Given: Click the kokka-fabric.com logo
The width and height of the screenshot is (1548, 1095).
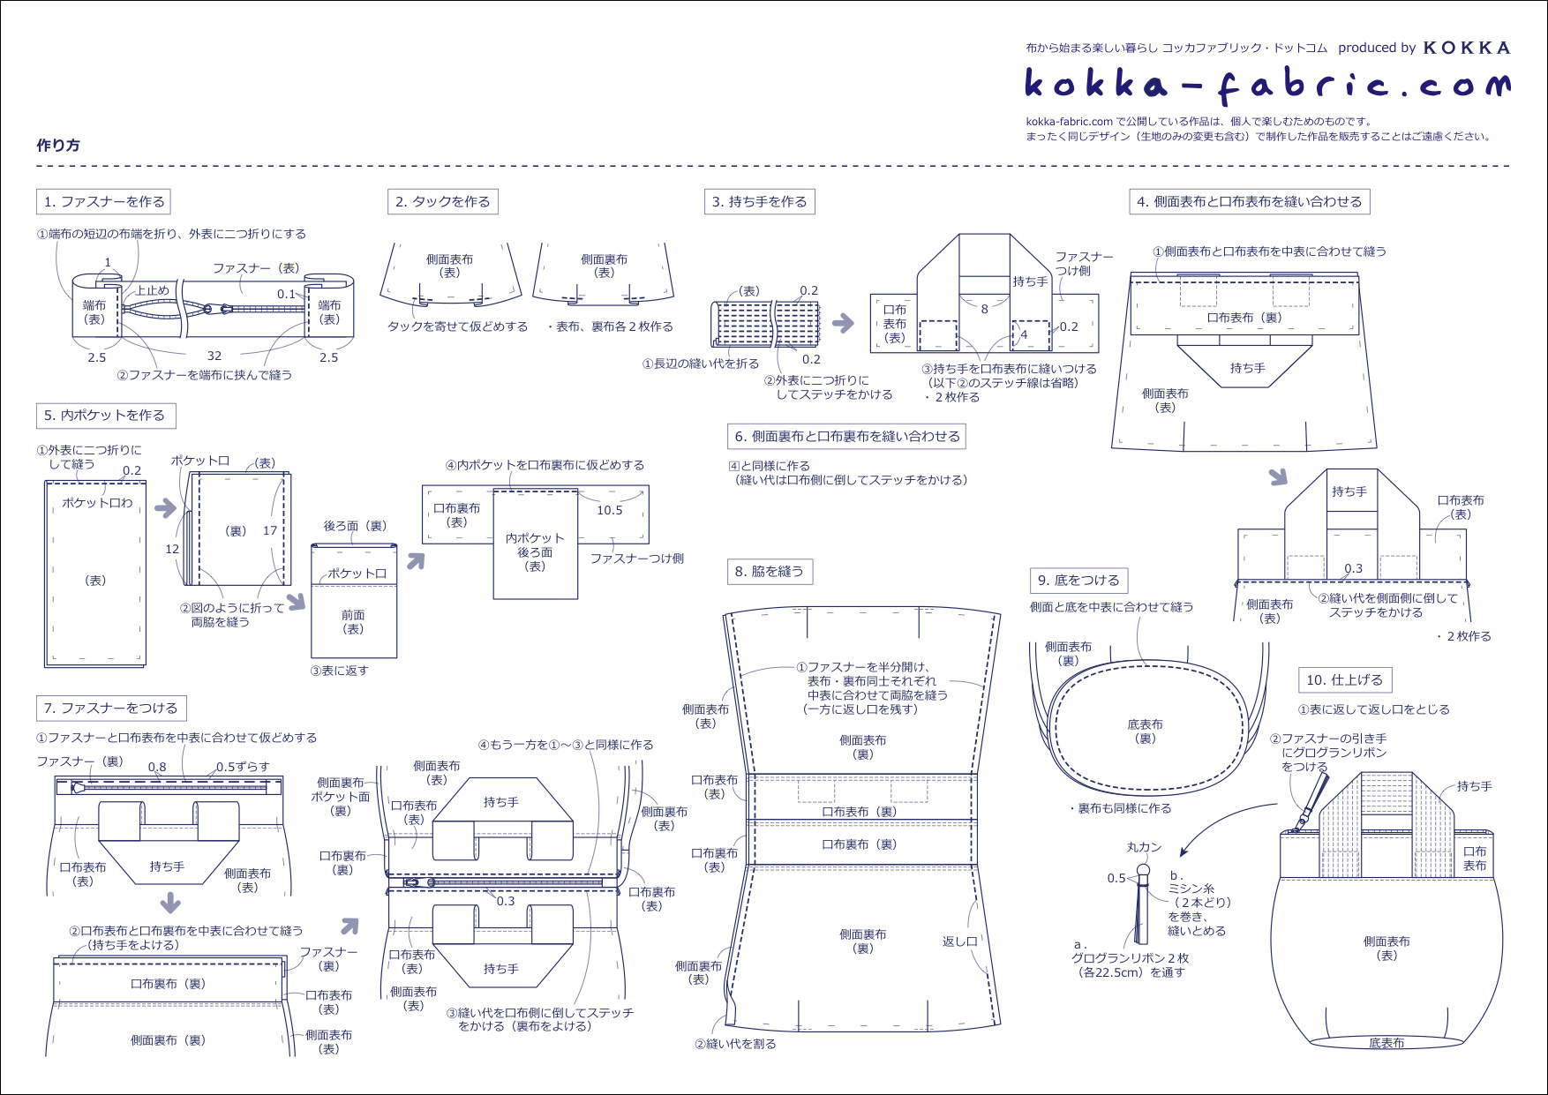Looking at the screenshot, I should pyautogui.click(x=1267, y=85).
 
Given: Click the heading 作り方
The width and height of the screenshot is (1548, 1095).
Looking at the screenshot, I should pyautogui.click(x=58, y=146).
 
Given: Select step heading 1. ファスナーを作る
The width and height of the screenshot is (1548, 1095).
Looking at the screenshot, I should pyautogui.click(x=103, y=202).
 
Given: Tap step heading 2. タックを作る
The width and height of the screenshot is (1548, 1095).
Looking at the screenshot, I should pyautogui.click(x=442, y=202).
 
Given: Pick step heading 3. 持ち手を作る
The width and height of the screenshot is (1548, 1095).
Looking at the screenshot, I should pyautogui.click(x=759, y=202).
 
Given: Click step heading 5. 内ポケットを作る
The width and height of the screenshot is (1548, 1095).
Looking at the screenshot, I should pyautogui.click(x=105, y=416).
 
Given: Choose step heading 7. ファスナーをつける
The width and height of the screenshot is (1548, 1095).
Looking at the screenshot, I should pyautogui.click(x=110, y=709).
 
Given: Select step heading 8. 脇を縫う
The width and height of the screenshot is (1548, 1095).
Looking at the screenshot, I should pyautogui.click(x=769, y=572).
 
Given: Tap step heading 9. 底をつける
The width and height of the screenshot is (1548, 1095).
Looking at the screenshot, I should pyautogui.click(x=1078, y=581).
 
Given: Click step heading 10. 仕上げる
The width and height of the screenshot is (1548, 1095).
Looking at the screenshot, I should pyautogui.click(x=1344, y=680).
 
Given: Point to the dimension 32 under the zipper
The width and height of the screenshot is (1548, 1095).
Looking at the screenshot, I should pyautogui.click(x=214, y=356).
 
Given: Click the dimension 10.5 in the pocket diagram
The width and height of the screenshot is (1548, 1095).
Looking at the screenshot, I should pyautogui.click(x=609, y=510).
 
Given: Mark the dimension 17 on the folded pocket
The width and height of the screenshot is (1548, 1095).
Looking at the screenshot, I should pyautogui.click(x=270, y=530).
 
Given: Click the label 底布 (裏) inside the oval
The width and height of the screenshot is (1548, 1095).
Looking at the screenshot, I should pyautogui.click(x=1145, y=731).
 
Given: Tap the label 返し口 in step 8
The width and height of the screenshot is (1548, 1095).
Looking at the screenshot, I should pyautogui.click(x=959, y=941).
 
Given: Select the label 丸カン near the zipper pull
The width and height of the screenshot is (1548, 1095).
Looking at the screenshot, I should pyautogui.click(x=1144, y=847).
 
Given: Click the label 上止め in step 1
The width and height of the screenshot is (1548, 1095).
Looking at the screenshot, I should pyautogui.click(x=152, y=290).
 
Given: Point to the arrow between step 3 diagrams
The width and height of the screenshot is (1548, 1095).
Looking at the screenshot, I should pyautogui.click(x=844, y=323).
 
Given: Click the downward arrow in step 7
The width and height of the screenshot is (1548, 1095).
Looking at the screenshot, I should pyautogui.click(x=170, y=903).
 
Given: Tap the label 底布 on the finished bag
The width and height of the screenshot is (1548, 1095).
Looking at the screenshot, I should pyautogui.click(x=1386, y=1043).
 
